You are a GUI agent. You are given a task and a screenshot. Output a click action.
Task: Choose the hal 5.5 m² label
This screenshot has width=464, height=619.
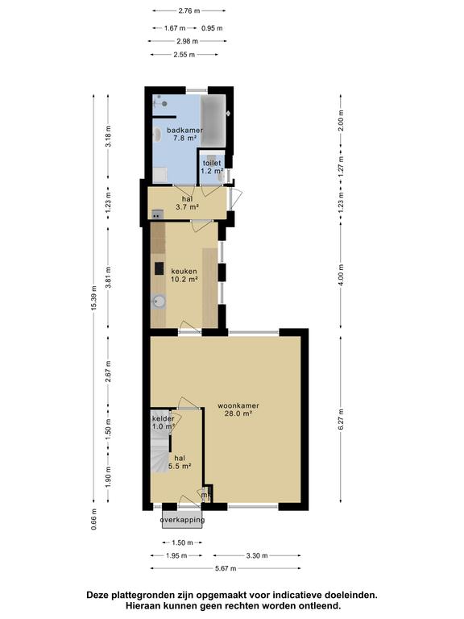coord(178,462)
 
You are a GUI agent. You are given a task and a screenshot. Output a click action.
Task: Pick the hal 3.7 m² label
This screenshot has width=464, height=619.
coord(187,203)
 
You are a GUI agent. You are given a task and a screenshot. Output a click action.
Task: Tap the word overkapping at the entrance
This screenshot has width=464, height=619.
coord(182,520)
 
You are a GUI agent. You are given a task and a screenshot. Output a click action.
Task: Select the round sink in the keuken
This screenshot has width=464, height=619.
coord(159,302)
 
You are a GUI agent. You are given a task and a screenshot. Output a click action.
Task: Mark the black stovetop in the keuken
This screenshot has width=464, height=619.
coord(159,268)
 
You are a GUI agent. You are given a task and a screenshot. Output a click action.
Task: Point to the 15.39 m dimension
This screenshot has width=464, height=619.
coord(95,303)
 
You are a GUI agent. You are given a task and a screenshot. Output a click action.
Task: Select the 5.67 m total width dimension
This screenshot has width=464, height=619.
coord(226,569)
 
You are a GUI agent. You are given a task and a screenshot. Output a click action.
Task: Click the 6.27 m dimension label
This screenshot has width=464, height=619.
coord(341,420)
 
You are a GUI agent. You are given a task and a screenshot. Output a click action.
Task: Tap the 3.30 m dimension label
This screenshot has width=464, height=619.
coord(257,555)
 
